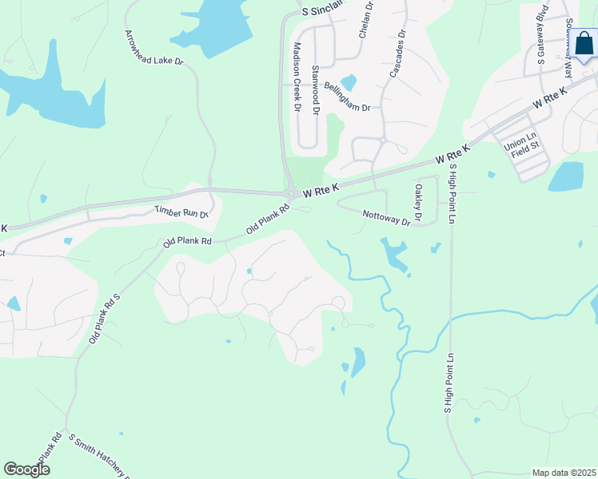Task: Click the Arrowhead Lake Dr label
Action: click(x=154, y=48)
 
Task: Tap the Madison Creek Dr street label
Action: click(x=297, y=77)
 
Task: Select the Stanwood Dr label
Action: click(x=316, y=92)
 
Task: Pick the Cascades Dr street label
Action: click(x=397, y=53)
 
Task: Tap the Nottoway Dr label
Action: click(x=385, y=216)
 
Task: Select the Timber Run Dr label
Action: click(x=181, y=210)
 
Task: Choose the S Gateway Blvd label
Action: click(x=541, y=37)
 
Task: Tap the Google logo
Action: click(x=26, y=469)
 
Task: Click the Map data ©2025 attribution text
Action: click(x=564, y=473)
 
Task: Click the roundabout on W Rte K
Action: click(x=293, y=193)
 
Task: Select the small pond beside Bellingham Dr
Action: click(x=349, y=82)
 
